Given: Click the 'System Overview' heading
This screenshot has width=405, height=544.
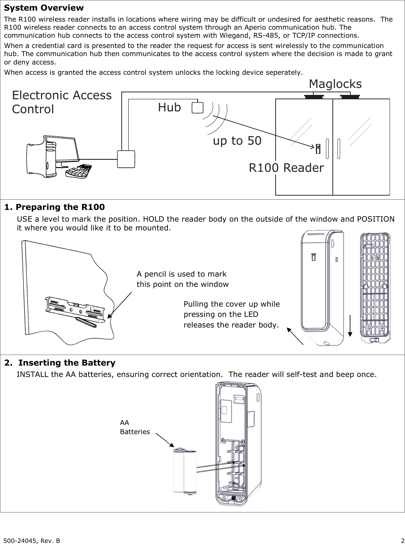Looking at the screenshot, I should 44,8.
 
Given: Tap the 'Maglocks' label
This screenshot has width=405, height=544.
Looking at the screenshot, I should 335,84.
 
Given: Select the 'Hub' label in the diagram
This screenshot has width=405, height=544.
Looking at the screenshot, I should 169,107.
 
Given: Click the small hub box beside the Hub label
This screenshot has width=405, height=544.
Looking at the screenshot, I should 198,107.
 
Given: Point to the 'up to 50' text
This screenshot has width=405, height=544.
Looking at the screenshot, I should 237,141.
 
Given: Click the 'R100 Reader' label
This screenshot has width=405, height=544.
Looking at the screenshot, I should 286,168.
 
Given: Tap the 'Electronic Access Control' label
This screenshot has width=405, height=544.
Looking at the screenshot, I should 62,102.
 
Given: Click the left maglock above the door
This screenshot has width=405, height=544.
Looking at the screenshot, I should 314,96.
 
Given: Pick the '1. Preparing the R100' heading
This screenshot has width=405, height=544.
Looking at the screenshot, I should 54,207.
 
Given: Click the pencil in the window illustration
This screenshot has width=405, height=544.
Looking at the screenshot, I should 86,322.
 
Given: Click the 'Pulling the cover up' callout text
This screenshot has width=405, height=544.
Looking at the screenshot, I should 231,304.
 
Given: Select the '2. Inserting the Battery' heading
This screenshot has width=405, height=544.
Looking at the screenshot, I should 60,363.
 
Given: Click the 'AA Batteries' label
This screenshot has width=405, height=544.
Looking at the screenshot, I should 135,427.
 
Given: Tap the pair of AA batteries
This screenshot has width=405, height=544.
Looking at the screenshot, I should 185,472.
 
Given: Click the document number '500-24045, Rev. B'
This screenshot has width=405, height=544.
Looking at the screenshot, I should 33,540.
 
